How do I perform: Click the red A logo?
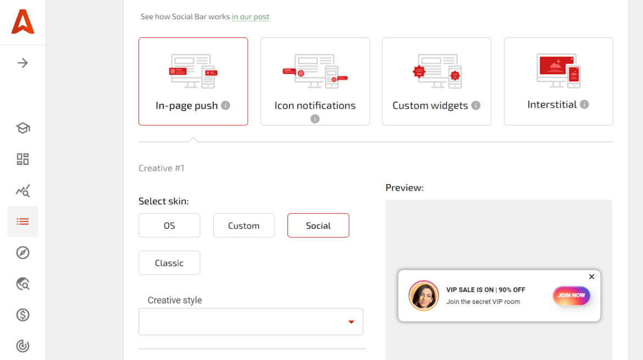23,22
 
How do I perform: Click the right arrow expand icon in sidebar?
23,63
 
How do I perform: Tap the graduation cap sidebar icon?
23,128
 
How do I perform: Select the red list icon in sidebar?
23,221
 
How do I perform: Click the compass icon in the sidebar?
23,253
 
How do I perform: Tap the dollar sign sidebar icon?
23,315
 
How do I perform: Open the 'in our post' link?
251,17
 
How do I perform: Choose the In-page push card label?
187,106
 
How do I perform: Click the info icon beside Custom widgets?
476,105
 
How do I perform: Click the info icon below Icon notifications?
315,119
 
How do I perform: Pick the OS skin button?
169,225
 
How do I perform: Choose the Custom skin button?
243,225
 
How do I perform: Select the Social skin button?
318,225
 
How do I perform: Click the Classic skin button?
169,263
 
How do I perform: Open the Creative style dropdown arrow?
351,322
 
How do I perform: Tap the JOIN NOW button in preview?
571,295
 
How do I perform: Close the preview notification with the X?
592,276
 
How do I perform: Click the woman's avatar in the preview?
424,296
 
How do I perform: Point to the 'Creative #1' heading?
162,168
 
